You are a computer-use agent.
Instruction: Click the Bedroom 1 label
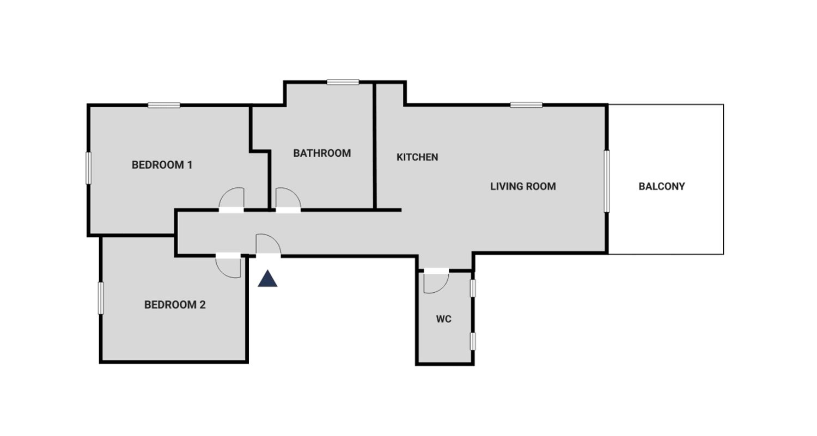click(x=162, y=165)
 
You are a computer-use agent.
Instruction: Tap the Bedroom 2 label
click(x=175, y=305)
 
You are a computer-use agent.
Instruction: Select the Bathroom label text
click(x=322, y=153)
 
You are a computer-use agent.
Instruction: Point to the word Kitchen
click(x=417, y=157)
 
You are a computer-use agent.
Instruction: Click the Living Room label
click(x=523, y=187)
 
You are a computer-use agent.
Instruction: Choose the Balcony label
click(x=662, y=187)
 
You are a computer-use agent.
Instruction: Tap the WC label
click(x=444, y=320)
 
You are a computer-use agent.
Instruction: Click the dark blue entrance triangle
click(x=268, y=279)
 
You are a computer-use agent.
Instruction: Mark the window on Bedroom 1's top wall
click(x=164, y=106)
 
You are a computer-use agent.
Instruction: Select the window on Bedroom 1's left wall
click(x=88, y=168)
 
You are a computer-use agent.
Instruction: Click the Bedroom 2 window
click(x=101, y=298)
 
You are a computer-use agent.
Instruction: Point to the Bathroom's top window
click(x=343, y=82)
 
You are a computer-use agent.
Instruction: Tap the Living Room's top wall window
click(x=526, y=105)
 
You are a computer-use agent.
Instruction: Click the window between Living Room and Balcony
click(x=607, y=181)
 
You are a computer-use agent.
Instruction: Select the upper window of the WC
click(x=473, y=288)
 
